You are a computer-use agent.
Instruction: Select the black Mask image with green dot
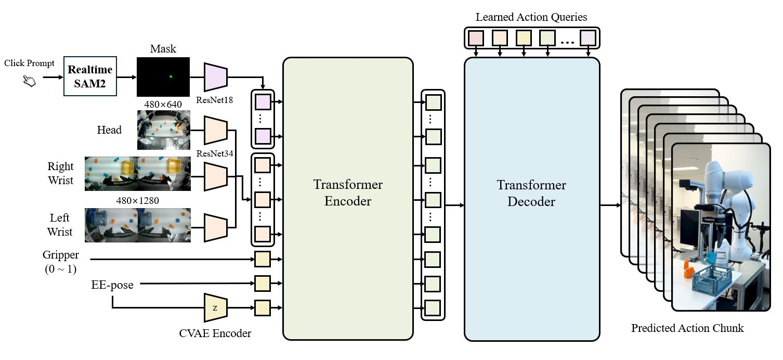click(x=163, y=76)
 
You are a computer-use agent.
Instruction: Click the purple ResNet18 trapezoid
click(x=216, y=76)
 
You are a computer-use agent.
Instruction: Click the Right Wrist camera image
click(x=137, y=173)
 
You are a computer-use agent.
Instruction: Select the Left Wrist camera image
click(x=137, y=225)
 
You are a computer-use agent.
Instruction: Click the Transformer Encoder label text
click(x=348, y=193)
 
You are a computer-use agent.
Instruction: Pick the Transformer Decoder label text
click(x=531, y=193)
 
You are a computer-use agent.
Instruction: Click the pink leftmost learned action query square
click(x=476, y=38)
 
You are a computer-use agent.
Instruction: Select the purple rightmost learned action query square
click(x=588, y=38)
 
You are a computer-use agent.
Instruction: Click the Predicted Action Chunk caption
click(x=687, y=328)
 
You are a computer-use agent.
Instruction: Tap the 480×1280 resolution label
click(x=137, y=200)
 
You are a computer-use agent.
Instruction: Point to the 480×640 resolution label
click(x=163, y=104)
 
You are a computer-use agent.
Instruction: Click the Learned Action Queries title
click(x=531, y=17)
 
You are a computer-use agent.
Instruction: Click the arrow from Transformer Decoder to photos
click(x=610, y=205)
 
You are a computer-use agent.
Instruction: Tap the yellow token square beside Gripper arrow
click(x=263, y=259)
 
